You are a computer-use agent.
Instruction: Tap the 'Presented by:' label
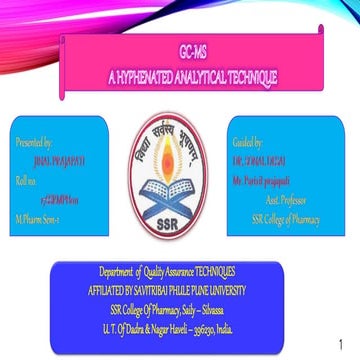coord(37,143)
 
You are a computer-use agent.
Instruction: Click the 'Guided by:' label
coord(246,143)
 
